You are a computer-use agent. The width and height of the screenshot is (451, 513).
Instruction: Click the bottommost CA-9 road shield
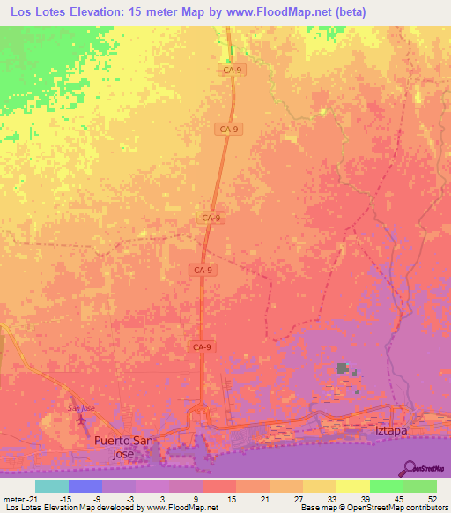[201, 347]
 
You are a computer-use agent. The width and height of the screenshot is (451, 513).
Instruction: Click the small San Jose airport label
[80, 408]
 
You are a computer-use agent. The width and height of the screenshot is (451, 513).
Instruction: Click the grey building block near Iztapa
[342, 368]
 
